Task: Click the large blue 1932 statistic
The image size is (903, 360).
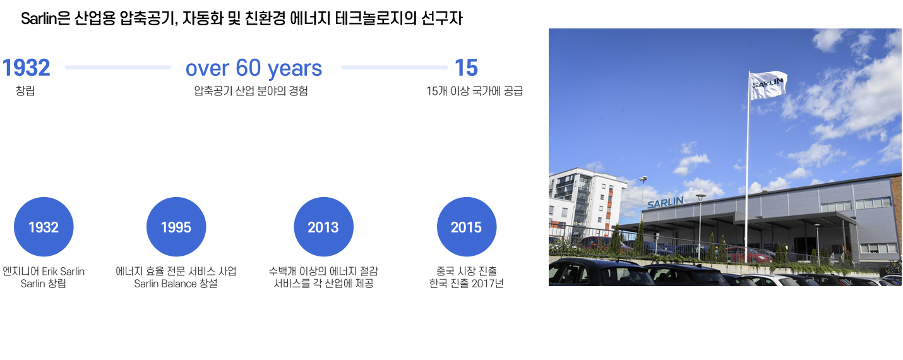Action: [26, 68]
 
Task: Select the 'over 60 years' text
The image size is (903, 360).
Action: [254, 68]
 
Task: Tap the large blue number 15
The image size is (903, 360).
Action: [467, 68]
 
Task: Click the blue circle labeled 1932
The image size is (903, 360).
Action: [44, 227]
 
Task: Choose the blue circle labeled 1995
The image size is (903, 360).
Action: [176, 227]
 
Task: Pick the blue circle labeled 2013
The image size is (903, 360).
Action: [323, 227]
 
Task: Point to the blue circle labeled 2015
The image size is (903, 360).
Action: [467, 227]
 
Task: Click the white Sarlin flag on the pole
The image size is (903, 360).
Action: [768, 85]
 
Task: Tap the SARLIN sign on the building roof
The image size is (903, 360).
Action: [665, 202]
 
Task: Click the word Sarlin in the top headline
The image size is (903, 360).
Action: [39, 18]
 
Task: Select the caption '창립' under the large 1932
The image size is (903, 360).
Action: [25, 91]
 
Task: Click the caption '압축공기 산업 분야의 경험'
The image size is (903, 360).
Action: [251, 91]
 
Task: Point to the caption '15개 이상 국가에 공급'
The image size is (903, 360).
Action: [474, 91]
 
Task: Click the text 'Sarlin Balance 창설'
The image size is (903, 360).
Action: [176, 284]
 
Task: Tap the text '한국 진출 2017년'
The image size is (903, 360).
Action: [467, 284]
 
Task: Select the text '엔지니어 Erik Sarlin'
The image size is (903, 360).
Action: [44, 272]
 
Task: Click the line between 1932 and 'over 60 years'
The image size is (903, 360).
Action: [118, 68]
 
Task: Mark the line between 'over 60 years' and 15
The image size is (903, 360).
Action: [394, 68]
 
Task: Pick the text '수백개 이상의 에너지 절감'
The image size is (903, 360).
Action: [323, 272]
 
